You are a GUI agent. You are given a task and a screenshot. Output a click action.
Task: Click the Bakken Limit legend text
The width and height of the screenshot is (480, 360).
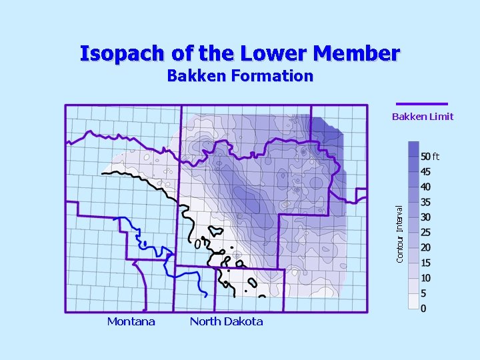click(423, 117)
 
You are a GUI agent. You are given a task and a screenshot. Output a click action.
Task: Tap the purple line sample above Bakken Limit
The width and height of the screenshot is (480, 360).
click(421, 103)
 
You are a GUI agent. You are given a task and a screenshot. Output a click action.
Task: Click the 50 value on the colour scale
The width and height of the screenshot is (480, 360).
click(425, 157)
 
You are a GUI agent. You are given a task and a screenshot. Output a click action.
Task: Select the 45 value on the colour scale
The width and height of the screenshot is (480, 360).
click(425, 172)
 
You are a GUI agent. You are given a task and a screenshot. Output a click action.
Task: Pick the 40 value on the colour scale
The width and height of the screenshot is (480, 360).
click(425, 187)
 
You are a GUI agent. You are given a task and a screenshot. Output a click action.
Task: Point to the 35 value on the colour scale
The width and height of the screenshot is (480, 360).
click(425, 203)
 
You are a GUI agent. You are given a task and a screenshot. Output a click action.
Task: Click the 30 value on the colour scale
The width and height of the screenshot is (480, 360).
click(425, 217)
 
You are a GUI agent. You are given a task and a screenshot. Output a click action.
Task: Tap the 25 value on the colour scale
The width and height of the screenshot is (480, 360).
click(425, 233)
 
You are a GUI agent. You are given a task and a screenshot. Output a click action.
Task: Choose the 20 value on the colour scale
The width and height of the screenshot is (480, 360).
click(425, 248)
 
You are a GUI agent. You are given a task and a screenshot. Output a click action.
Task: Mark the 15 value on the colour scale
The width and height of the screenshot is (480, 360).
click(425, 263)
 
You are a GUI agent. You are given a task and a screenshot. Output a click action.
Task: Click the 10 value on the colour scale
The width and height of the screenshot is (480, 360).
click(425, 278)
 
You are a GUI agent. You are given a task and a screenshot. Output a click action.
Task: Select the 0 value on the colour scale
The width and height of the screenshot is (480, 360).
click(424, 308)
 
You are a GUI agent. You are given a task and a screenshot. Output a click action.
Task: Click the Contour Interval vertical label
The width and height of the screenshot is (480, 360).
click(399, 233)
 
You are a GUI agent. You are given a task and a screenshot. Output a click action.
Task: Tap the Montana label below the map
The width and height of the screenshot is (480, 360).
click(131, 322)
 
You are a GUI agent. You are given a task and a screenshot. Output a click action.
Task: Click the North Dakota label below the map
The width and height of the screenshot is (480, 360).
click(227, 322)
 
